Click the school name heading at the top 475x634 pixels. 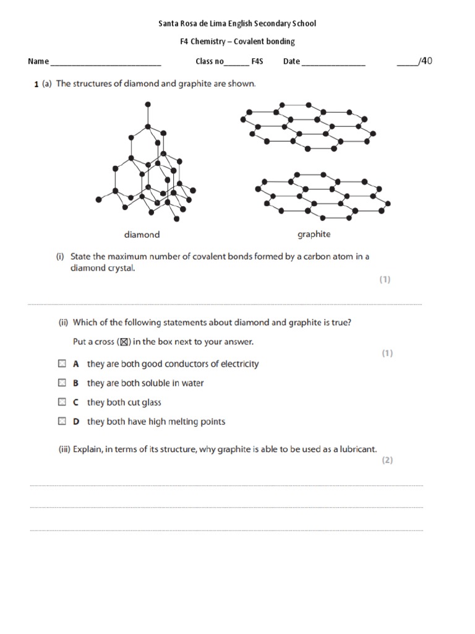[x=237, y=24]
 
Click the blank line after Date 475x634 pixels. [x=333, y=63]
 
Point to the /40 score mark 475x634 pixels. [x=424, y=61]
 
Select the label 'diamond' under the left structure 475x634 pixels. [x=142, y=235]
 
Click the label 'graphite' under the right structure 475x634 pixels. [x=314, y=234]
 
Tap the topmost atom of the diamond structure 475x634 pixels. [x=147, y=105]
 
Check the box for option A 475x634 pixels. [x=62, y=363]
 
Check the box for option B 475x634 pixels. [x=62, y=383]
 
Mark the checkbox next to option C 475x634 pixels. [x=62, y=402]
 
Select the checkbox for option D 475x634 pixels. [x=62, y=421]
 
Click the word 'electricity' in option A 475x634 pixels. [x=237, y=364]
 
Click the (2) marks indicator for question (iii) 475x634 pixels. [x=387, y=460]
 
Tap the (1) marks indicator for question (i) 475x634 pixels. [x=385, y=279]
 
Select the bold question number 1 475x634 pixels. [x=36, y=84]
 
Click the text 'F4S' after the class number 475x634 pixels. [x=257, y=61]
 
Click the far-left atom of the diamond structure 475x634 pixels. [x=98, y=199]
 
